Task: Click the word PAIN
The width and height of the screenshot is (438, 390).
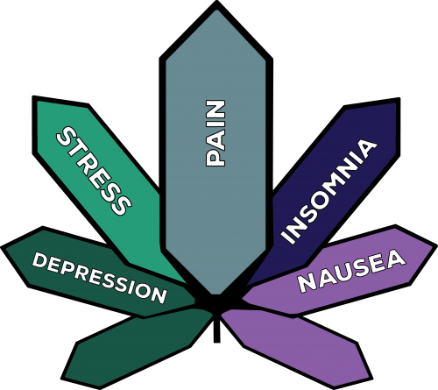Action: pyautogui.click(x=215, y=133)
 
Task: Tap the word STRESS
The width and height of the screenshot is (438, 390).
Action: pyautogui.click(x=94, y=171)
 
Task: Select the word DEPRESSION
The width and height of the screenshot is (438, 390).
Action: pyautogui.click(x=99, y=278)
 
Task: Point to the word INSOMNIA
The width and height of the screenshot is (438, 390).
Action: pyautogui.click(x=328, y=192)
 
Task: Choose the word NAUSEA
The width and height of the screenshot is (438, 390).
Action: pyautogui.click(x=351, y=272)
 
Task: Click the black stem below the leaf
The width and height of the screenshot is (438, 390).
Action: pyautogui.click(x=216, y=329)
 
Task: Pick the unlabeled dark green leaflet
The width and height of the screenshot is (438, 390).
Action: pyautogui.click(x=138, y=348)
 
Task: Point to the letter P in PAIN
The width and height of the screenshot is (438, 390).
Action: pyautogui.click(x=215, y=159)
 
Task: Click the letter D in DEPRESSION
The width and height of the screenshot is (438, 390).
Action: pyautogui.click(x=39, y=260)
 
